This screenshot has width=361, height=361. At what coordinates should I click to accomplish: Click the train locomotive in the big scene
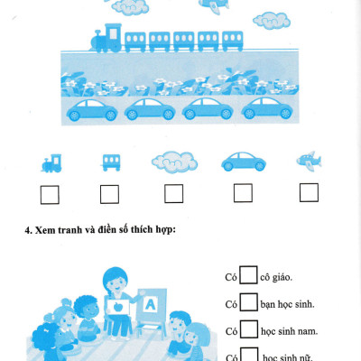[x=106, y=38]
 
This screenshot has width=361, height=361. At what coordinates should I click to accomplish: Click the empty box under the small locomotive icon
[x=50, y=195]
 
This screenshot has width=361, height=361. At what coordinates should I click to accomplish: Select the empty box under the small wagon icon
[x=109, y=194]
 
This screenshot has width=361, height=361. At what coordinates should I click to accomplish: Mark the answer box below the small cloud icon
[x=174, y=193]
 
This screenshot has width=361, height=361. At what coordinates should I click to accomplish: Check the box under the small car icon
[x=243, y=193]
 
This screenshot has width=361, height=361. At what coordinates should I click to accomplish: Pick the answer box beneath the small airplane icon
[x=309, y=192]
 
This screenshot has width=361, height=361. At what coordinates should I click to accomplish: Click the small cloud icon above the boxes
[x=174, y=162]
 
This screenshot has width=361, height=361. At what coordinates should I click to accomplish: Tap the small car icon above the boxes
[x=244, y=162]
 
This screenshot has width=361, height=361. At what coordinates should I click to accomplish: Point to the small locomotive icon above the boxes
[x=51, y=163]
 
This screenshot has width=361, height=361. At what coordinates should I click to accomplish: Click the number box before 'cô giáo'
[x=248, y=275]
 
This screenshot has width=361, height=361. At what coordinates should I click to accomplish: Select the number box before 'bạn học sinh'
[x=249, y=302]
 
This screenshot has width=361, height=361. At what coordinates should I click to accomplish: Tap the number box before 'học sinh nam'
[x=249, y=329]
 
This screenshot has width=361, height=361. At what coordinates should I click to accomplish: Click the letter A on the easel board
[x=150, y=304]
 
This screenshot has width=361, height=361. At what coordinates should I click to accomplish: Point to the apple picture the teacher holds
[x=117, y=307]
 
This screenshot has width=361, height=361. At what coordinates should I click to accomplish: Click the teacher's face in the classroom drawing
[x=116, y=283]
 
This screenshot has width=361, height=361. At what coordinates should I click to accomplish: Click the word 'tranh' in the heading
[x=67, y=230]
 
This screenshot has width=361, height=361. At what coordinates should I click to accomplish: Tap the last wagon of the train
[x=233, y=41]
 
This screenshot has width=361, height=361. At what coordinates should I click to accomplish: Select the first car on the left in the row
[x=92, y=109]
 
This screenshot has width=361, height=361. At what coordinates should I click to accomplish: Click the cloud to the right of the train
[x=272, y=21]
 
